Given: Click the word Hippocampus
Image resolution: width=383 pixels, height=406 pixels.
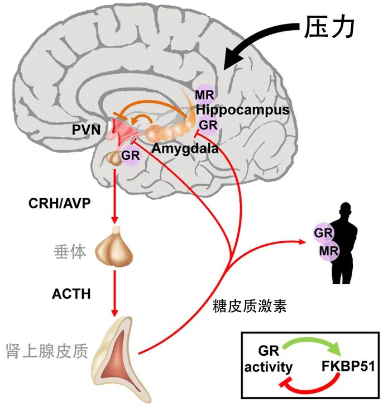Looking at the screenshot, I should point(242,109).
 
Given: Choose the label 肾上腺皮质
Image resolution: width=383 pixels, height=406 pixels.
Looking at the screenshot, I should point(47,351).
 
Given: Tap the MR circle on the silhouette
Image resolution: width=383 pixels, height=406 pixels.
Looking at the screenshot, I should point(329,251).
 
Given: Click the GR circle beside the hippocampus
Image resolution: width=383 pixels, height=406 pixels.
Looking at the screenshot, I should point(208,125).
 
